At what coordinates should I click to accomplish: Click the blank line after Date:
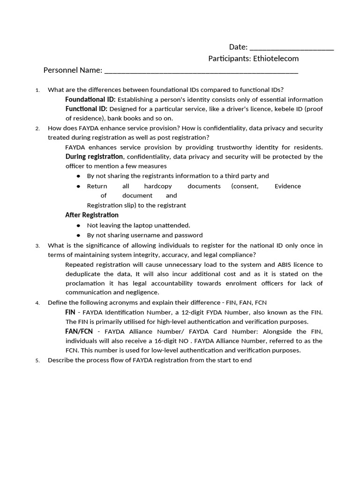point(292,48)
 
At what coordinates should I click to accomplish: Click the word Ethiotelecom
point(276,59)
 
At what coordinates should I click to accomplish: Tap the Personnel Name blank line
point(201,71)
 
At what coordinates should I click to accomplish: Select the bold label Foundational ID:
point(90,99)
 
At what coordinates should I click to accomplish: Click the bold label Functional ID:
point(87,109)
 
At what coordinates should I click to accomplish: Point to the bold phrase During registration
point(94,157)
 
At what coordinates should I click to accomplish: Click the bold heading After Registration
point(92,215)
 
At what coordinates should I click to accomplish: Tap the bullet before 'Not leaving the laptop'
point(79,225)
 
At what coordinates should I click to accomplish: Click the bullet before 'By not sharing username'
point(79,235)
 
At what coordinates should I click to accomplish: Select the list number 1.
point(37,90)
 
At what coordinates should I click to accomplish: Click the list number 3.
point(37,246)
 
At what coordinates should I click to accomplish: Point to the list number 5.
point(37,360)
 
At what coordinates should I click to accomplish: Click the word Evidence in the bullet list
point(287,186)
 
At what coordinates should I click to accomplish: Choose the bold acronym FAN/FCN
point(79,331)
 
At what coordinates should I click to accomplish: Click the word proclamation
point(86,283)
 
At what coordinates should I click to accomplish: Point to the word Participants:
point(229,59)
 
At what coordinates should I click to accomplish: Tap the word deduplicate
point(83,274)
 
